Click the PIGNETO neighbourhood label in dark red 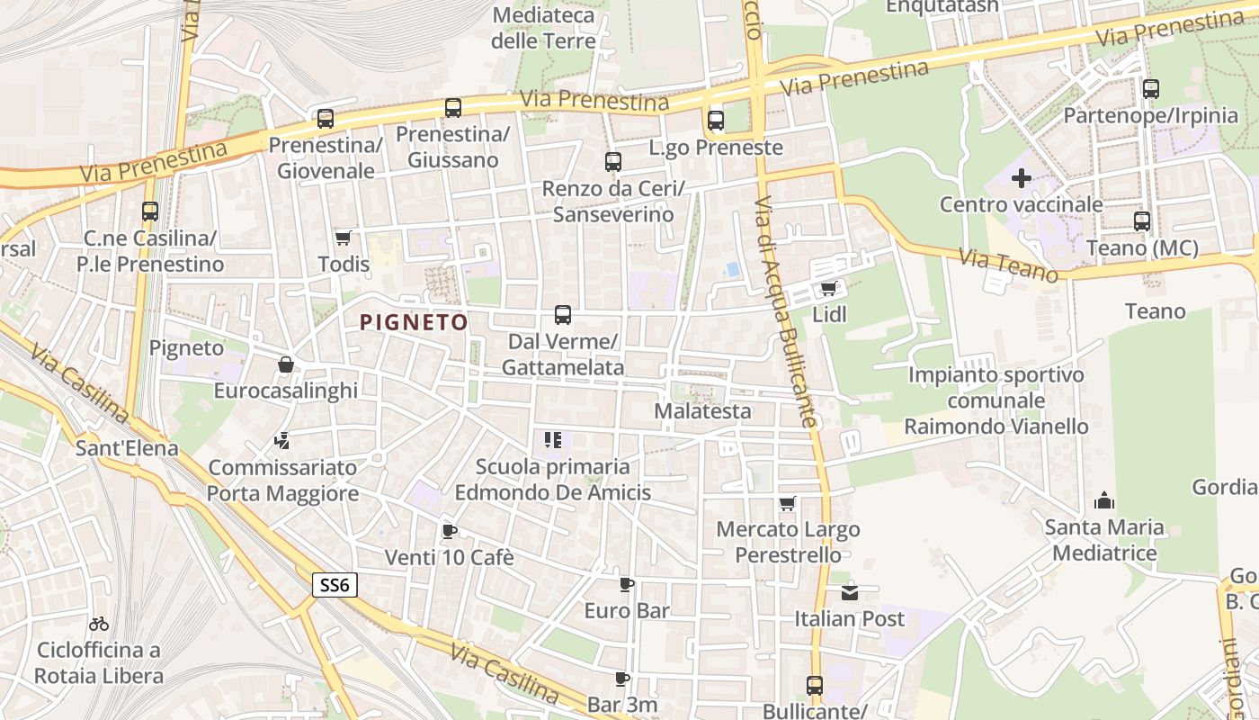[414, 322]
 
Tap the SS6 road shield [335, 585]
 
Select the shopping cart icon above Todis [343, 238]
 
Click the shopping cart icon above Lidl [828, 289]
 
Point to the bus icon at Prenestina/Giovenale [326, 118]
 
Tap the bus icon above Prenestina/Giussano [453, 108]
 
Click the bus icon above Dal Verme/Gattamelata [563, 315]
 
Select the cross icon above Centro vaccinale [1021, 178]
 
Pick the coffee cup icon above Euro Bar [627, 584]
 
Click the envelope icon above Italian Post [850, 592]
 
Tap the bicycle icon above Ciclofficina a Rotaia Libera [99, 623]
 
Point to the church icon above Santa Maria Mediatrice [1104, 500]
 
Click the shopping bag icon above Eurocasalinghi [285, 364]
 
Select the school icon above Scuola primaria [553, 440]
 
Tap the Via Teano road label [1008, 265]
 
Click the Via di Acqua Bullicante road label [786, 310]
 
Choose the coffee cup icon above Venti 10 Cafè [450, 531]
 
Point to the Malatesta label [702, 411]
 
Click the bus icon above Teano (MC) [1142, 220]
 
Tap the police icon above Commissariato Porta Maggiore [282, 441]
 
